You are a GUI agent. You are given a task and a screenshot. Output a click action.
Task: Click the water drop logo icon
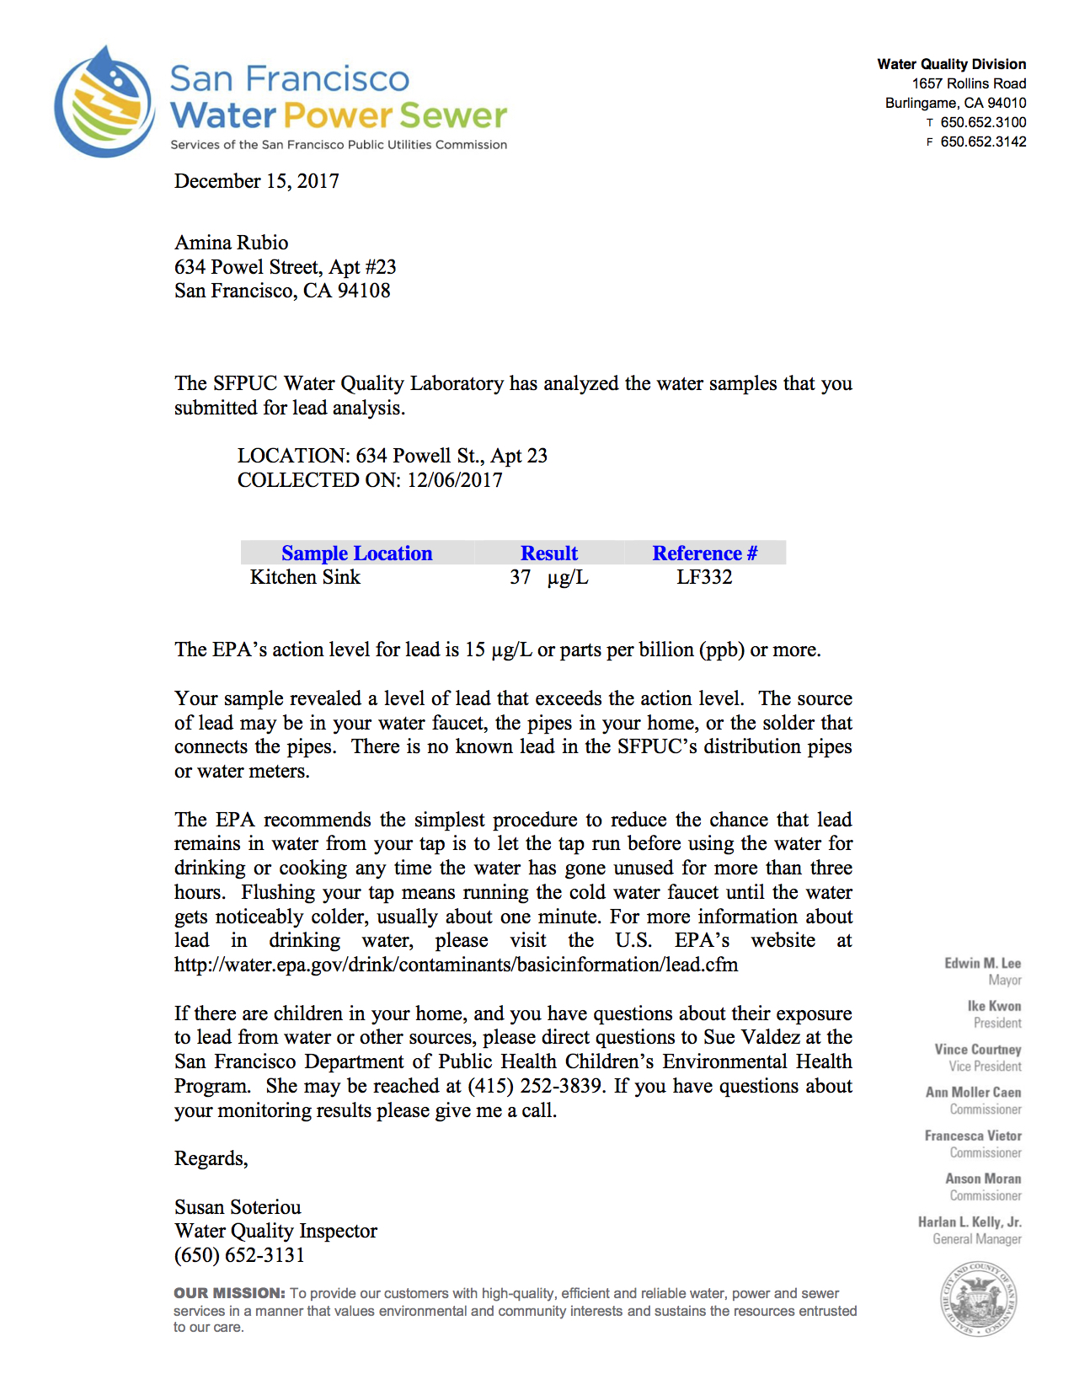point(104,103)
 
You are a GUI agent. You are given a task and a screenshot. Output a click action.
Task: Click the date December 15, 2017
point(256,181)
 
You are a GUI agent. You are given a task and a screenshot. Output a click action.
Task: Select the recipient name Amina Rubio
point(231,243)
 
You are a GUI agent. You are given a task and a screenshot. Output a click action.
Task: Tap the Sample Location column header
point(356,553)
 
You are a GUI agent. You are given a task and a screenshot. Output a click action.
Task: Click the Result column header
point(548,553)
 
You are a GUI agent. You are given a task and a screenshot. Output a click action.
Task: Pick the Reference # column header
point(704,553)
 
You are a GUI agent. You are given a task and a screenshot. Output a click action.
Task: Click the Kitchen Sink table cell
point(305,577)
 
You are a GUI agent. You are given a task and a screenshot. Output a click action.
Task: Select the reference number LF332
point(704,577)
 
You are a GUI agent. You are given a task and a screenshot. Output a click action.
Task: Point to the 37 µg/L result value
point(548,577)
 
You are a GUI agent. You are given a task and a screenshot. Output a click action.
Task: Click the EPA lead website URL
point(456,965)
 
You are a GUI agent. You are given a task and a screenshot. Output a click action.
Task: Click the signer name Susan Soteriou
point(238,1207)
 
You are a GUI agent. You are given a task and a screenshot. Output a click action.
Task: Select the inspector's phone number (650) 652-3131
point(239,1255)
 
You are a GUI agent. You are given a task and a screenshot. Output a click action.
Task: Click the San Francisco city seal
point(978,1299)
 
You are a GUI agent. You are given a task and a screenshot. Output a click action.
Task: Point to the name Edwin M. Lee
point(982,963)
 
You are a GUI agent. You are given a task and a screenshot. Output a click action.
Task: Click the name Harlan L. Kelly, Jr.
point(970,1222)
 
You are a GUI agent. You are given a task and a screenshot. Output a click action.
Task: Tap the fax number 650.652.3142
point(983,142)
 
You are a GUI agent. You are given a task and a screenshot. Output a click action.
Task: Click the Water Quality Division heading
point(951,64)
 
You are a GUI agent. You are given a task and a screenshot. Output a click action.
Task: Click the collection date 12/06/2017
point(455,480)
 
